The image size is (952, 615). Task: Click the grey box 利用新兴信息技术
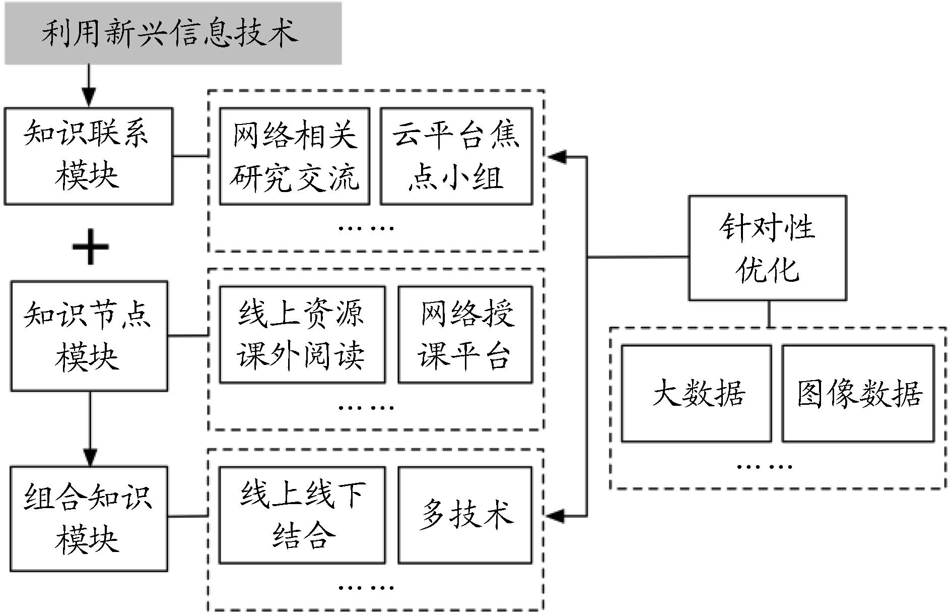[173, 33]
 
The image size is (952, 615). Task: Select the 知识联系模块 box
[89, 156]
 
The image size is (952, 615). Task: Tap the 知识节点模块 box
[89, 336]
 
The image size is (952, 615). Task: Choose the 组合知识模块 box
[89, 518]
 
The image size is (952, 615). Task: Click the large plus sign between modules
[91, 247]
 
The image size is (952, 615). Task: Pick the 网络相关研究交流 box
[295, 156]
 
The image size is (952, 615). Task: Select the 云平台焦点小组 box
[456, 156]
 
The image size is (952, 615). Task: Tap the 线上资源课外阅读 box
[302, 335]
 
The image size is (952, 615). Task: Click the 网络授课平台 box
[465, 335]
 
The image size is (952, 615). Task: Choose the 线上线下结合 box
[302, 515]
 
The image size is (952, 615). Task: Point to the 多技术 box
[465, 515]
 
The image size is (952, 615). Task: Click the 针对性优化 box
[767, 248]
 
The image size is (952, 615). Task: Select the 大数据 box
[696, 393]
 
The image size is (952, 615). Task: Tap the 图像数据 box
[858, 393]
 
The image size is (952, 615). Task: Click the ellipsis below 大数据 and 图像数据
[764, 466]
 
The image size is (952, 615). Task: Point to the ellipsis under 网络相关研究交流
[366, 228]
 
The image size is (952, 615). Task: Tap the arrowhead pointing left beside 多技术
[555, 516]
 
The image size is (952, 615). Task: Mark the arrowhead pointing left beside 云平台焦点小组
[557, 157]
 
